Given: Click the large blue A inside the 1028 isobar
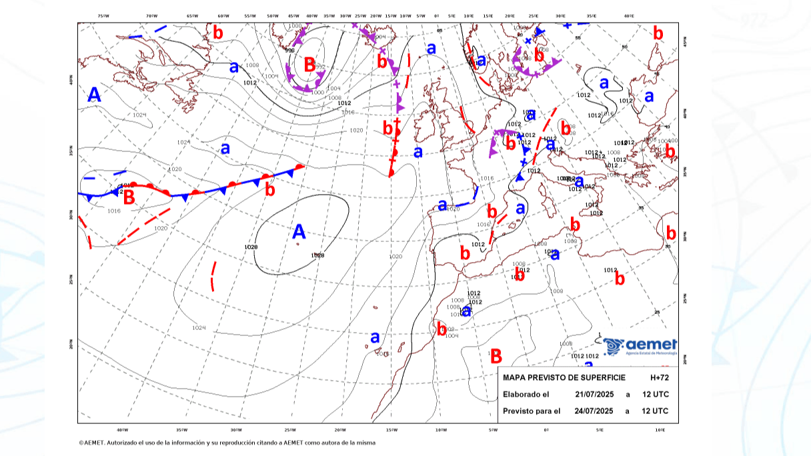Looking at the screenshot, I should pyautogui.click(x=299, y=232).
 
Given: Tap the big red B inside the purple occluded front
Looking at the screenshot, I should pyautogui.click(x=309, y=65).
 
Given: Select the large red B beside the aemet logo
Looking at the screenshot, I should pyautogui.click(x=496, y=356).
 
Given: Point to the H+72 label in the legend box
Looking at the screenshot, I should pyautogui.click(x=659, y=378).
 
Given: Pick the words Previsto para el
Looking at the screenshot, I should pyautogui.click(x=532, y=411).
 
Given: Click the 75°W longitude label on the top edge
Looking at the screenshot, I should pyautogui.click(x=102, y=15).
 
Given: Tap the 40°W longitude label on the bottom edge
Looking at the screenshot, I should pyautogui.click(x=122, y=430).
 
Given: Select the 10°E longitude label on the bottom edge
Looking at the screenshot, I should pyautogui.click(x=660, y=430).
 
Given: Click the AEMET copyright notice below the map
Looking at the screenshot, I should pyautogui.click(x=227, y=443).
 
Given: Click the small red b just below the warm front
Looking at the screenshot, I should pyautogui.click(x=269, y=190).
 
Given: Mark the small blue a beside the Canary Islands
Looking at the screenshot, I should pyautogui.click(x=375, y=337).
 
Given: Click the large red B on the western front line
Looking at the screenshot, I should pyautogui.click(x=129, y=198).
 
